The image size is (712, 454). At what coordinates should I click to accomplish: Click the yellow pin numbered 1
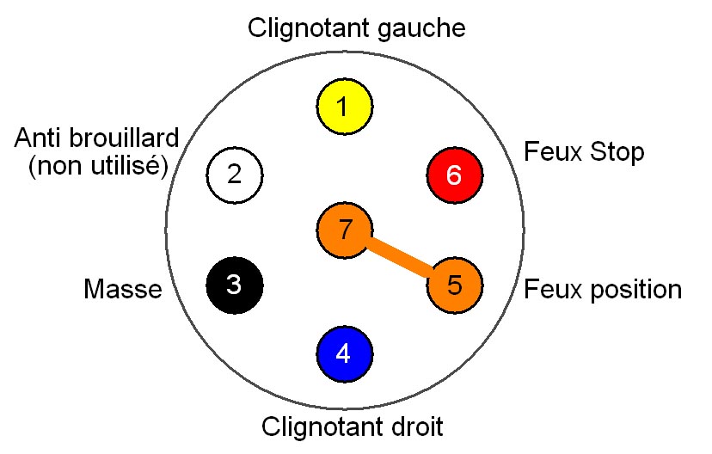tap(343, 107)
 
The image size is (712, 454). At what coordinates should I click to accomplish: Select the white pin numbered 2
tap(235, 175)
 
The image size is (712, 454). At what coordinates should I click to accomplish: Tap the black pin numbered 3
tap(235, 284)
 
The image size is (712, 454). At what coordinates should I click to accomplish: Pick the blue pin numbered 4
tap(344, 353)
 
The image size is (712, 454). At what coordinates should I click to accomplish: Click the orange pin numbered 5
tap(455, 284)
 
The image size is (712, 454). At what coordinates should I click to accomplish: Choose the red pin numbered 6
tap(454, 175)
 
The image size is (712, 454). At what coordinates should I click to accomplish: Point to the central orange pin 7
tap(345, 230)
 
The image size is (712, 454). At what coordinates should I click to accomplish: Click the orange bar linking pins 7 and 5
tap(400, 257)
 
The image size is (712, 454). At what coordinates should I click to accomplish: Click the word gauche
tap(422, 30)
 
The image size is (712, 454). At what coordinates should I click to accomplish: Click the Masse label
tap(123, 289)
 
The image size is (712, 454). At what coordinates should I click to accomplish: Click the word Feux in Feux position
tap(551, 289)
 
